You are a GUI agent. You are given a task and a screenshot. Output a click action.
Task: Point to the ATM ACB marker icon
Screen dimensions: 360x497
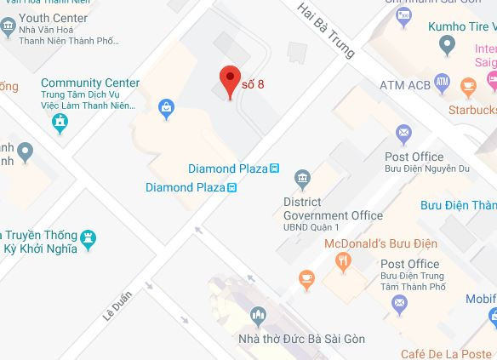click(x=442, y=83)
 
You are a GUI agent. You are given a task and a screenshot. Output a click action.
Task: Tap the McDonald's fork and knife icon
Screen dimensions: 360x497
click(x=343, y=262)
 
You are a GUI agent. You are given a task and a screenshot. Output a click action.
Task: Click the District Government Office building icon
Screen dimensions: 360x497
click(x=302, y=178)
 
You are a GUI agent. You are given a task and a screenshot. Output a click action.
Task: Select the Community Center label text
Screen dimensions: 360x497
click(x=90, y=83)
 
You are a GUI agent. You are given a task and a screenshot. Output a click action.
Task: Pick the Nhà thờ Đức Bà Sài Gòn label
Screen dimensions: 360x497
click(x=302, y=340)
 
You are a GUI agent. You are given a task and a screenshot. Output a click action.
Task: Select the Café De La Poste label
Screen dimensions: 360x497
click(x=448, y=353)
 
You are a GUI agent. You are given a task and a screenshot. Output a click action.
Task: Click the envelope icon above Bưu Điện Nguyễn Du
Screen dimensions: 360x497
click(x=403, y=133)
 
